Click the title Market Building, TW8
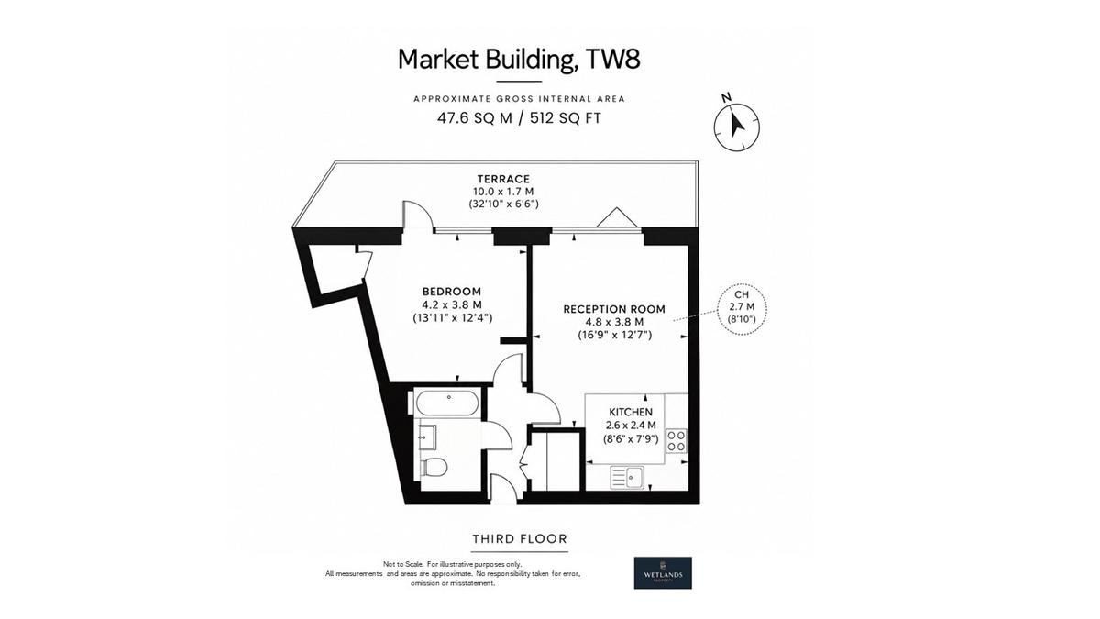519,60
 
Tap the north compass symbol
736,127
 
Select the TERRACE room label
504,179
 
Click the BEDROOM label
452,292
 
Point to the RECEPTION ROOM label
614,309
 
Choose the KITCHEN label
631,412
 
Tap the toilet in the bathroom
434,468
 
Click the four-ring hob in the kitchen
676,441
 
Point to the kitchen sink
627,478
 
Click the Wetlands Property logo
663,573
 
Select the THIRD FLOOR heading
520,539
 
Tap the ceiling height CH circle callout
742,310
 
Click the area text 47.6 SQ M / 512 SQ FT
519,118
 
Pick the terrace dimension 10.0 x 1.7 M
504,192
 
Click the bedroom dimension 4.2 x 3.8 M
452,304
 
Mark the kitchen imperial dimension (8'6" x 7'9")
631,438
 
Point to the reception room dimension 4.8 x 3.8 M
614,322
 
